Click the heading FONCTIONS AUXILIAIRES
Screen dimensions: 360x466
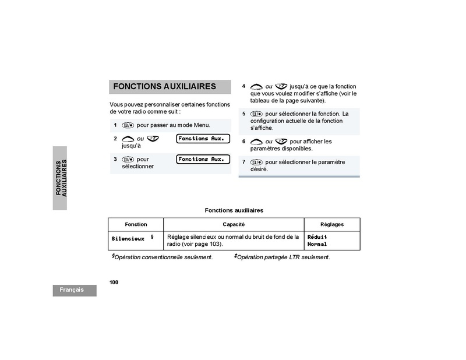coord(164,86)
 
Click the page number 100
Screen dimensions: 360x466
coord(114,282)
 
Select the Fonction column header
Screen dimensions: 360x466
coord(136,224)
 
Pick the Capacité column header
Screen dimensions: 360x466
coord(234,224)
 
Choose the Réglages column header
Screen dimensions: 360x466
coord(332,224)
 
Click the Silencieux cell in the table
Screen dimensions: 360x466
coord(128,239)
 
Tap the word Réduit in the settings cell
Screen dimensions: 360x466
coord(317,237)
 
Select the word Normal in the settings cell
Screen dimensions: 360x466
coord(317,244)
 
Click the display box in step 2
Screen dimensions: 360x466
coord(203,139)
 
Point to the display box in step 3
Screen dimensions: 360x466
coord(203,159)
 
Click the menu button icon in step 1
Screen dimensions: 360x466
coord(128,125)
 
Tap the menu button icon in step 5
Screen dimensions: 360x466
coord(256,114)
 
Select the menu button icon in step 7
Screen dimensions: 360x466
coord(256,163)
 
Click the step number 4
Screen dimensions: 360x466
coord(244,86)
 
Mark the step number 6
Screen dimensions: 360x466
coord(244,142)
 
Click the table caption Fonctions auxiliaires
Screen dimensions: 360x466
coord(234,210)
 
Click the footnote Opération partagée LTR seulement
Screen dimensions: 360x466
coord(283,257)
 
